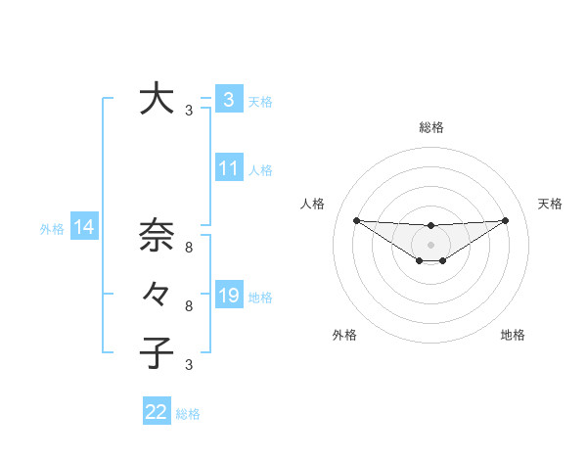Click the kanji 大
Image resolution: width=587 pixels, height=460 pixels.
click(157, 99)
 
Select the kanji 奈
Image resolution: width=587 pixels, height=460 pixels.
click(157, 236)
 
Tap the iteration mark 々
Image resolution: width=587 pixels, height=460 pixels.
click(157, 294)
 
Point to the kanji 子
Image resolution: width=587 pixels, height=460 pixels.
click(157, 351)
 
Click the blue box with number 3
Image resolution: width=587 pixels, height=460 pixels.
click(228, 100)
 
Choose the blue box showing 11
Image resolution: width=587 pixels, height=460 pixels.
click(228, 168)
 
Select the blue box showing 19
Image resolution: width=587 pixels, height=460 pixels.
click(228, 295)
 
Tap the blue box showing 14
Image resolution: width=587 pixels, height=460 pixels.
click(84, 227)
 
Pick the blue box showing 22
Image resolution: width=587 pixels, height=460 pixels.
click(157, 412)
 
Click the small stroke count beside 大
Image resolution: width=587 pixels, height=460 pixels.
click(189, 112)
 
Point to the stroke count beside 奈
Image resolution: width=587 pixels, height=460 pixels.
click(189, 249)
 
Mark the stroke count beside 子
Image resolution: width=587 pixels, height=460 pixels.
click(189, 365)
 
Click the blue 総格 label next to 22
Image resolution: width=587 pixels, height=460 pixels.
click(188, 414)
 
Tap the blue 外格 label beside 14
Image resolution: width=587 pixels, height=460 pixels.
click(52, 229)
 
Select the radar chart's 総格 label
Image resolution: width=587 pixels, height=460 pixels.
click(430, 127)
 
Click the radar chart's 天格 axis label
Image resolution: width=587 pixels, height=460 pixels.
click(550, 204)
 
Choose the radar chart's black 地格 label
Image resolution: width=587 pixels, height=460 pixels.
click(513, 335)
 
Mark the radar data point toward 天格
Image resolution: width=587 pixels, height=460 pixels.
click(506, 220)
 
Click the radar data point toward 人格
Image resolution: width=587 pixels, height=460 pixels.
click(356, 220)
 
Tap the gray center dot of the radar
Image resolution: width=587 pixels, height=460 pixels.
click(430, 244)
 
